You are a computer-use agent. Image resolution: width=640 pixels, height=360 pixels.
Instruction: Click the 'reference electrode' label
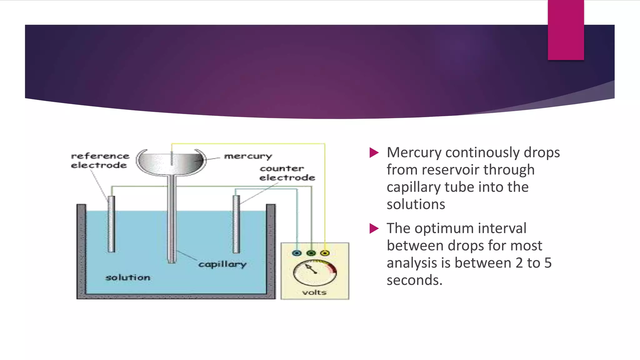point(100,160)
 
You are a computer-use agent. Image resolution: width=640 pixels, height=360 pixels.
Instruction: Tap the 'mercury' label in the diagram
point(248,156)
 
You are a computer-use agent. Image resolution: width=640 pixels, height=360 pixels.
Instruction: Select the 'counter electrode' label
point(287,173)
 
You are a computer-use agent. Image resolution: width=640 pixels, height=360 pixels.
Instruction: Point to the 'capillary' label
point(222,264)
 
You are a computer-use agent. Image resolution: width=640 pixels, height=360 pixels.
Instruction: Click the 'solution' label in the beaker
point(127,277)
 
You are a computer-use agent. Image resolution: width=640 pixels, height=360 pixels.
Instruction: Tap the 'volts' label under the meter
point(314,292)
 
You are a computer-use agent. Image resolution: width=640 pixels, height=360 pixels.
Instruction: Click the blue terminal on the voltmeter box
point(297,253)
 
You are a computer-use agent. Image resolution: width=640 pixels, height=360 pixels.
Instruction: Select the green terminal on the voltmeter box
point(311,253)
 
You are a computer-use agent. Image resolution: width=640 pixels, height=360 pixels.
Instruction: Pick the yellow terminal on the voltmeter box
point(325,253)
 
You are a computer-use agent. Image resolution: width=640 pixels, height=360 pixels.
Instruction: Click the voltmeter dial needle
point(311,269)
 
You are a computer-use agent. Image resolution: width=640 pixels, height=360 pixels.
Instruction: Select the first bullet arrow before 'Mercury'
point(374,152)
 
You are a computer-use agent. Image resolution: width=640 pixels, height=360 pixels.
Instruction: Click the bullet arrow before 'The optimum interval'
point(374,228)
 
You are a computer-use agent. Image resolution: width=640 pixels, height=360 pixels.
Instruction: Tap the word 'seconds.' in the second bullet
point(414,280)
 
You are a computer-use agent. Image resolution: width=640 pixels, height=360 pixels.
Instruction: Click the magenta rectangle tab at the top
point(566,30)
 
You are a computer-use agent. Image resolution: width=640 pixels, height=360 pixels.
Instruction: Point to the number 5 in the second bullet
point(548,263)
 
